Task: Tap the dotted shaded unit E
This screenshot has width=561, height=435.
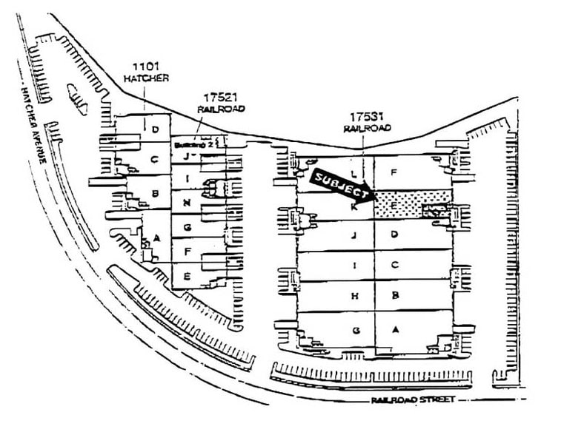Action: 412,203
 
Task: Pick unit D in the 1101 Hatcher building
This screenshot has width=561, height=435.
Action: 155,130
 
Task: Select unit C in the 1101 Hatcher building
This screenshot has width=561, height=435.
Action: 154,158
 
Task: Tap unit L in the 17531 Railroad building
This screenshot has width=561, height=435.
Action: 356,174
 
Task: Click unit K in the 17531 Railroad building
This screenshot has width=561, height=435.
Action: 355,208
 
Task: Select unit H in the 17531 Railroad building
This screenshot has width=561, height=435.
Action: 356,296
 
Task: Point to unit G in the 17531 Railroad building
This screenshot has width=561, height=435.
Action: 356,330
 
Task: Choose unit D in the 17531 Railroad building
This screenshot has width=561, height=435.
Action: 396,235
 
